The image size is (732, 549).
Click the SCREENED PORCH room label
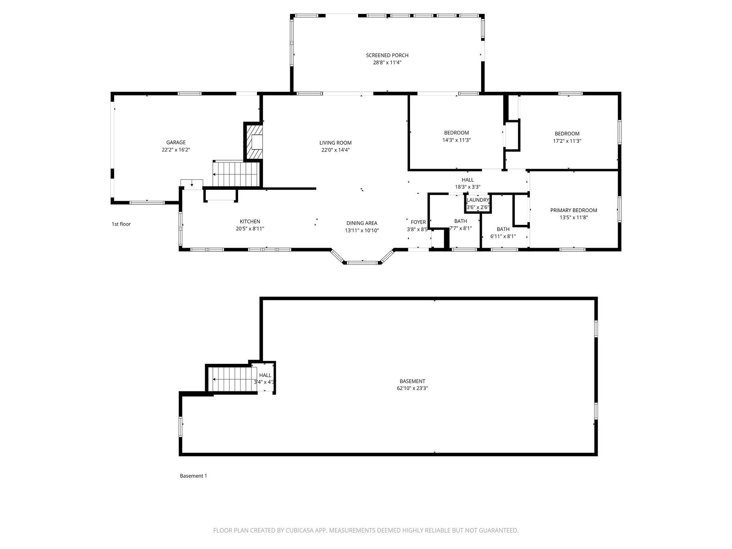(x=387, y=55)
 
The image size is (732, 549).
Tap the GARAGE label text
(x=176, y=143)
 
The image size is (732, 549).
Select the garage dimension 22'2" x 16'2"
(x=176, y=150)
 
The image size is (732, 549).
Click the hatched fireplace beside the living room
(x=253, y=142)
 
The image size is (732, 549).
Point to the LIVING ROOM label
(x=336, y=143)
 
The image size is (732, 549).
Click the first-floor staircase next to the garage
(x=236, y=174)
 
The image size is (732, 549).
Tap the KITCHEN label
(x=250, y=222)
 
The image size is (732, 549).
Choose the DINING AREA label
(x=362, y=223)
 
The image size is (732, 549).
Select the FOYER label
(x=418, y=222)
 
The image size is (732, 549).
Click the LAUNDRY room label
(x=478, y=200)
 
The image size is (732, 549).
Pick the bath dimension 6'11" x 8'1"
(x=503, y=236)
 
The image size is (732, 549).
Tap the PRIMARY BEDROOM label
(x=574, y=211)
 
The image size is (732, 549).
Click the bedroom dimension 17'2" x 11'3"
(x=567, y=141)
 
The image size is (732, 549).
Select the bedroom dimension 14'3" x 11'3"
(x=456, y=140)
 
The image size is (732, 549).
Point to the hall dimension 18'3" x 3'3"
(x=468, y=187)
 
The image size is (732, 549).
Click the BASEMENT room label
(x=412, y=381)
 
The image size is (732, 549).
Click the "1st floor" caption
(x=121, y=224)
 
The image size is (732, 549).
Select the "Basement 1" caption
(x=193, y=476)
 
